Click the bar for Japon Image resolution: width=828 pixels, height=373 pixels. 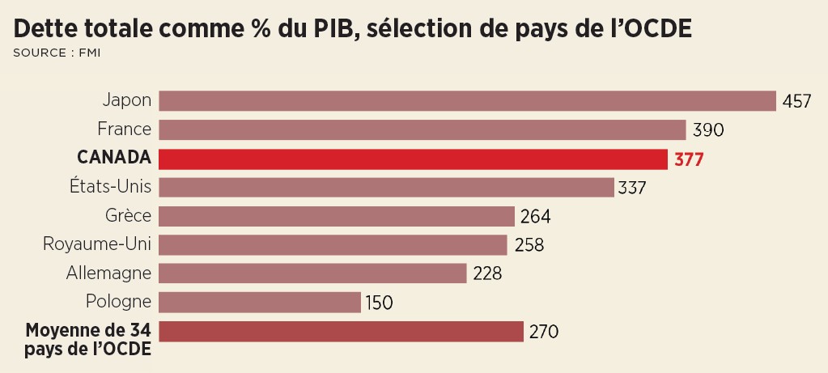click(467, 100)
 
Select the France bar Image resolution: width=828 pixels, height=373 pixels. click(422, 129)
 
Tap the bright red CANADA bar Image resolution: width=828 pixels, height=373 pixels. click(413, 159)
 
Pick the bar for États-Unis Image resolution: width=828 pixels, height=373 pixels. click(386, 188)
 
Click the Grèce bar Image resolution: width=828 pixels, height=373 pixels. click(337, 217)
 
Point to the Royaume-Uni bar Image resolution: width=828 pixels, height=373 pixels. click(333, 245)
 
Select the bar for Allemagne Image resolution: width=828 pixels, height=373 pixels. click(312, 273)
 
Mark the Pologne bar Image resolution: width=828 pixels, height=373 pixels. click(259, 303)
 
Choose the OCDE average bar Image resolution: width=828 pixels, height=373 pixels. click(341, 332)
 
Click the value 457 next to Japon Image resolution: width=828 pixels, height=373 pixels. click(797, 101)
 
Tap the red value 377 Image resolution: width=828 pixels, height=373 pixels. click(689, 159)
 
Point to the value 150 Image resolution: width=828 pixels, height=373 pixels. click(379, 303)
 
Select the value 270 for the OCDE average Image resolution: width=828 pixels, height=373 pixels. click(544, 332)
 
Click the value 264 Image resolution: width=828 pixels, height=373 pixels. click(535, 217)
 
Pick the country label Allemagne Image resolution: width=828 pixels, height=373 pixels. click(109, 273)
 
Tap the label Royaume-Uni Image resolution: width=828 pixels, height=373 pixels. click(98, 244)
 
